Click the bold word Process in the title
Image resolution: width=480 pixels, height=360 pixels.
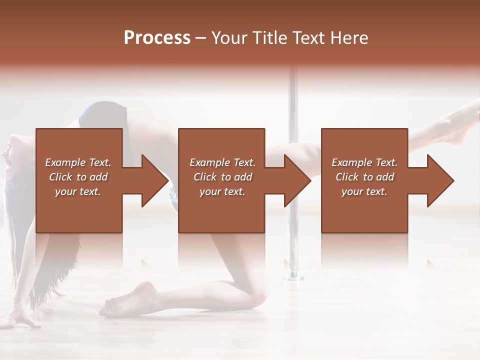coord(157,38)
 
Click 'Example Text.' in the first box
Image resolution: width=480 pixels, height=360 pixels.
coord(78,162)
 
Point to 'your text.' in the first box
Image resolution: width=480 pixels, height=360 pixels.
coord(78,191)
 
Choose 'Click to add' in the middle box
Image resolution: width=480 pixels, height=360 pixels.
coord(222,177)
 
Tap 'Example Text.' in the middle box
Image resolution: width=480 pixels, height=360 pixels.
coord(222,162)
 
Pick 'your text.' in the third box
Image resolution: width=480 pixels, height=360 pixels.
coord(364,191)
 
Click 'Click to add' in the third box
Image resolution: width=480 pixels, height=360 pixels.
coord(364,177)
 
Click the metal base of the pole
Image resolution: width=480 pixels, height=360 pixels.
coord(294,274)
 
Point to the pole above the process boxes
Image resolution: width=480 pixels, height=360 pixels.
coord(293,95)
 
